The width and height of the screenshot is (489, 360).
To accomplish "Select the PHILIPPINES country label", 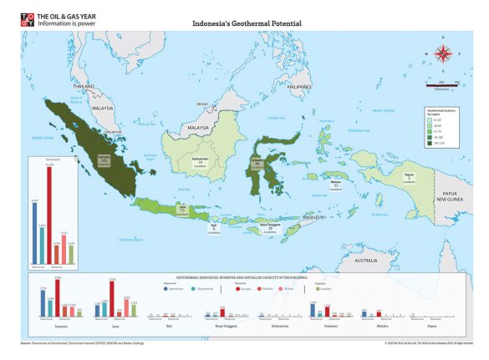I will (x=298, y=87).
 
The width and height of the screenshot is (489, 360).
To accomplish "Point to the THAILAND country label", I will (x=84, y=86).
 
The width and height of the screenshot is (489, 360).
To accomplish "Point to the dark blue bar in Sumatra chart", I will (x=43, y=303).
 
